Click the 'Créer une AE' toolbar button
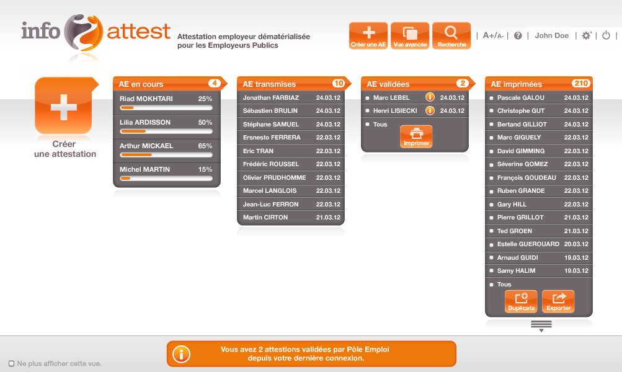pos(368,36)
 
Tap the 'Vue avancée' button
pos(410,36)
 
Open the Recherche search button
pos(451,36)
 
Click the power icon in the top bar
pos(606,35)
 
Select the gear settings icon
pos(586,35)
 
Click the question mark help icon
pos(518,36)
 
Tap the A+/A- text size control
pos(493,36)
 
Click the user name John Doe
pos(552,35)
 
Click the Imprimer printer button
pos(416,136)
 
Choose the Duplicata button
pos(522,301)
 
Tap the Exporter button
pos(558,301)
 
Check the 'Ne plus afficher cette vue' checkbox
pos(12,363)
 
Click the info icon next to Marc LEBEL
pos(430,97)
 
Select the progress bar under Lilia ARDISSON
pos(166,131)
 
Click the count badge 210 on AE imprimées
pos(580,83)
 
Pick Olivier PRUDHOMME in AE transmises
pos(275,178)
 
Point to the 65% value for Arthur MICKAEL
pos(205,146)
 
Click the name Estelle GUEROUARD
pos(528,244)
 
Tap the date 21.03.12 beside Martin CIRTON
pos(328,218)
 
